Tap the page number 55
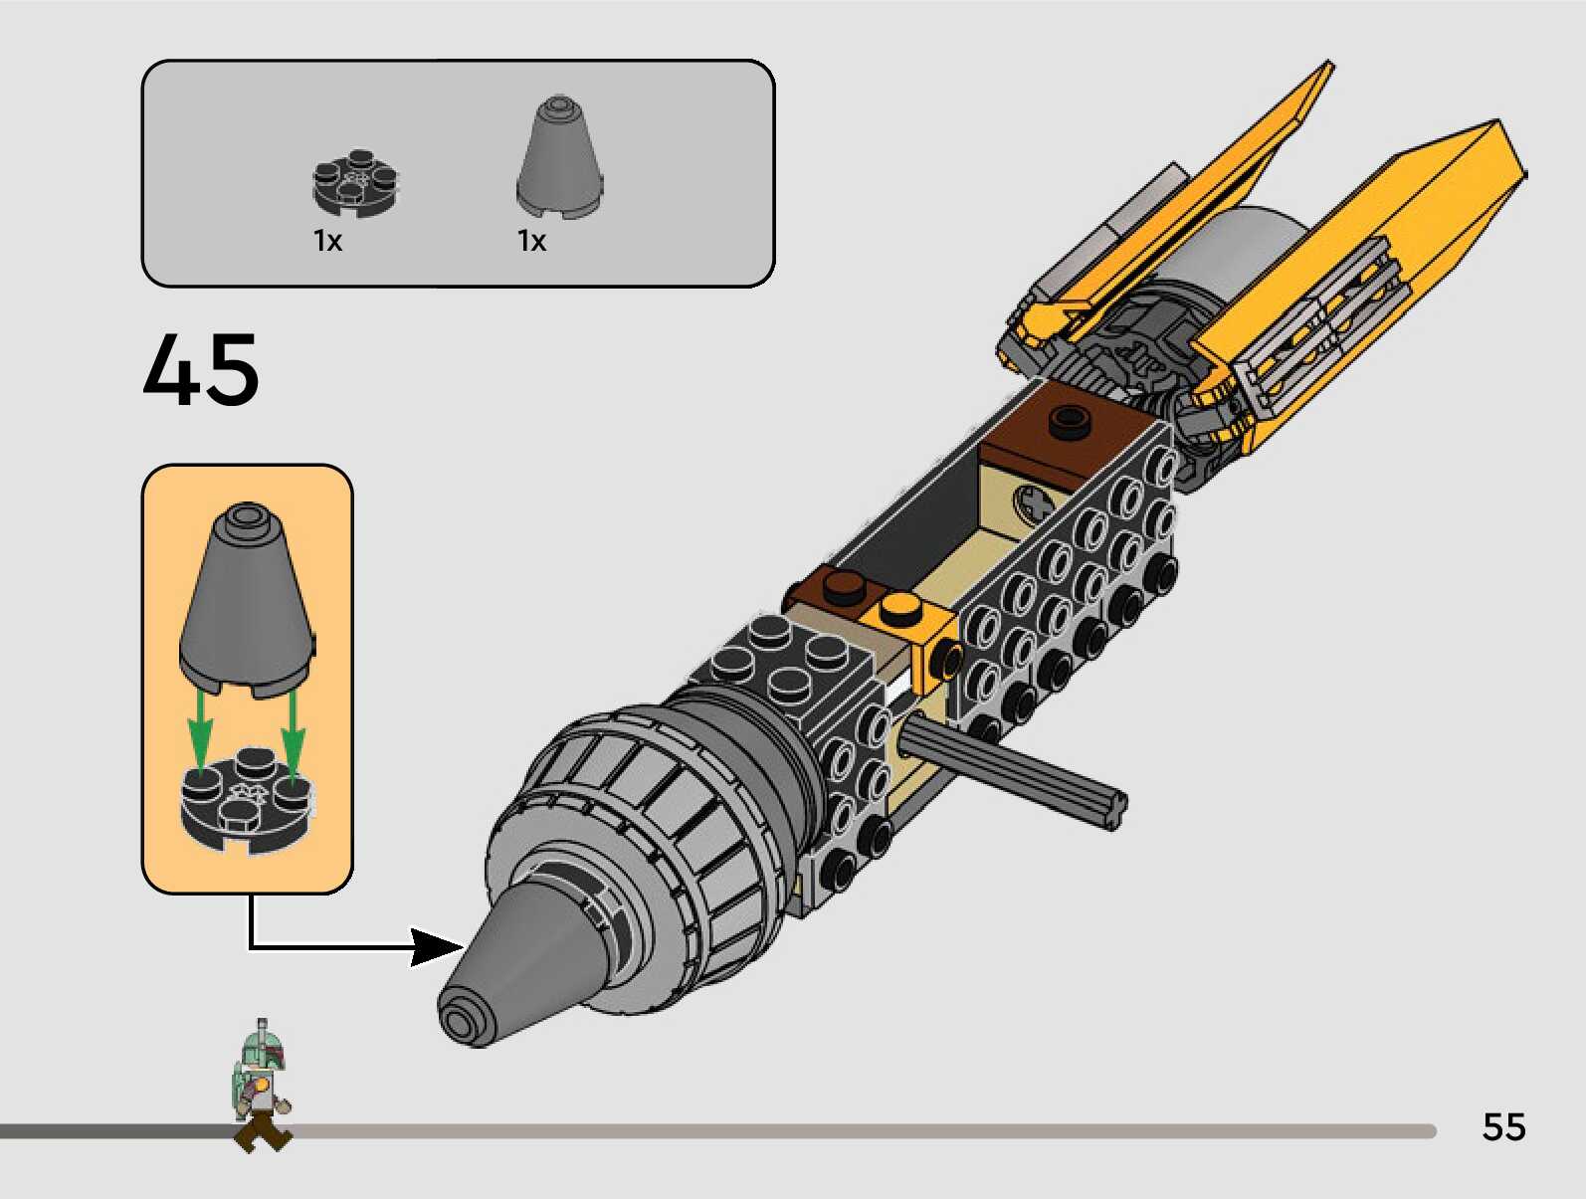[1503, 1126]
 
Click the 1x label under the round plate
[327, 241]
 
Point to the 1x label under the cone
[531, 241]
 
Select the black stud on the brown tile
[1068, 421]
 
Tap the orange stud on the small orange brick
[900, 606]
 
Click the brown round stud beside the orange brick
[845, 587]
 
